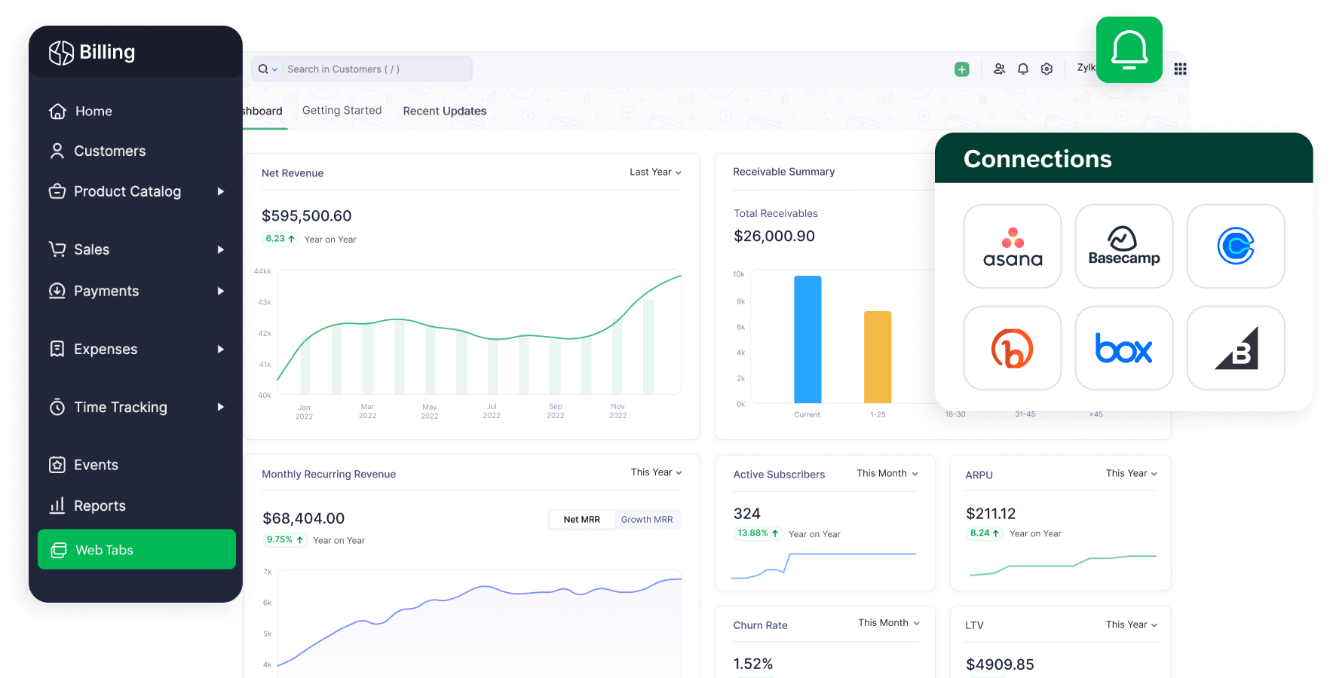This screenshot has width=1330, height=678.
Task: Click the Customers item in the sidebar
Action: tap(109, 151)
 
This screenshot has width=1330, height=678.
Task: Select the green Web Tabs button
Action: tap(136, 549)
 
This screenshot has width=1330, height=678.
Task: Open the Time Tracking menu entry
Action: tap(121, 408)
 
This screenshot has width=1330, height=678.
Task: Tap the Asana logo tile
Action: tap(1012, 246)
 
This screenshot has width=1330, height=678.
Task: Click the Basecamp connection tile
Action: tap(1123, 246)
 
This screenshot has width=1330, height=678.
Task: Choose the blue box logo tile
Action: tap(1123, 348)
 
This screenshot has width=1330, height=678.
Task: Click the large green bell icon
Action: tap(1129, 50)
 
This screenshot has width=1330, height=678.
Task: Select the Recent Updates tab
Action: tap(444, 111)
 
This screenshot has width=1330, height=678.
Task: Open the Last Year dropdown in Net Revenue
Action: tap(655, 173)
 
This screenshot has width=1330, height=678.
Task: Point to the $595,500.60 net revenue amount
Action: tap(306, 216)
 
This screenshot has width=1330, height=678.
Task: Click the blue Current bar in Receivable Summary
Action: tap(807, 339)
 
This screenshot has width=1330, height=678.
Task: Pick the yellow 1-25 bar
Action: tap(878, 357)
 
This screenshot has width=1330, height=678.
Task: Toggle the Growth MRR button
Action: tap(646, 520)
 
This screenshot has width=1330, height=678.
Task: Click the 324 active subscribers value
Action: tap(746, 514)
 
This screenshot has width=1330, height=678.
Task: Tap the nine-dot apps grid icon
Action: tap(1180, 69)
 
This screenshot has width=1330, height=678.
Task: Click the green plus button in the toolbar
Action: tap(961, 69)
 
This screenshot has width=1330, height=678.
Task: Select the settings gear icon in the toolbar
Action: tap(1047, 69)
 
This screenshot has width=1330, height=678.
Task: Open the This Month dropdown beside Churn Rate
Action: tap(888, 623)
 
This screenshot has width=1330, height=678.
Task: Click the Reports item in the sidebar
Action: tap(99, 506)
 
